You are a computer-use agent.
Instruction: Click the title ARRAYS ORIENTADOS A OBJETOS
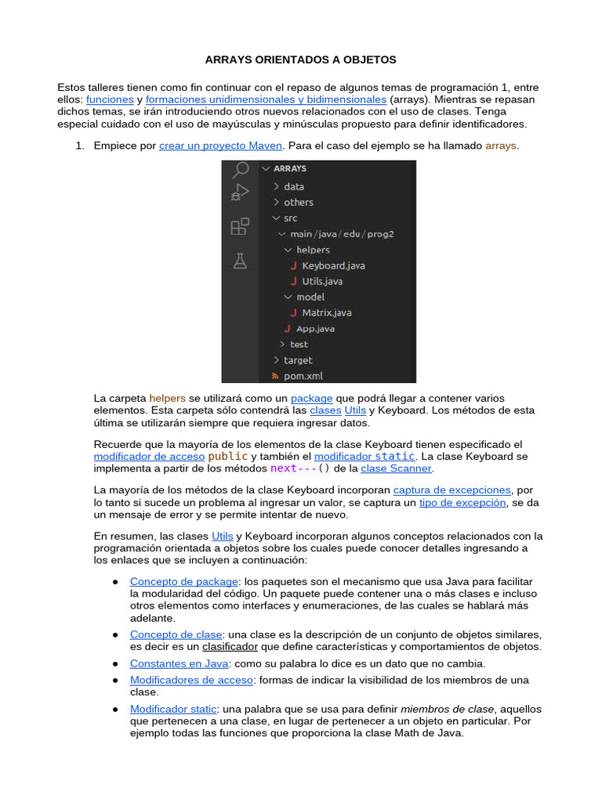click(301, 60)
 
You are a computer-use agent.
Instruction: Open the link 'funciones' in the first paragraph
click(110, 100)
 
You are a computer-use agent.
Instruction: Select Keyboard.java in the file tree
click(333, 266)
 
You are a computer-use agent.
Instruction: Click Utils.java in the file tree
click(321, 281)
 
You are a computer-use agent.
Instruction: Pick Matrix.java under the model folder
click(326, 312)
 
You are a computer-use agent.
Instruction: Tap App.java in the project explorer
click(315, 329)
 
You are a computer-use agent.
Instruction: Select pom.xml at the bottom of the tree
click(303, 376)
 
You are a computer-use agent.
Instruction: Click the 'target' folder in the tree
click(297, 360)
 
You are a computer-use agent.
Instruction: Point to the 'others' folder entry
click(298, 202)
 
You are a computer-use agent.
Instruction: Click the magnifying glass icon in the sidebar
click(241, 169)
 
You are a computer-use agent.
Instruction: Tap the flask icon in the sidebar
click(240, 261)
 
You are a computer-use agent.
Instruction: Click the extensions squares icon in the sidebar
click(240, 227)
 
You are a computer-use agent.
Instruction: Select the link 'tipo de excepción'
click(462, 503)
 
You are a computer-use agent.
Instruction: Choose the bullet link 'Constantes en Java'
click(176, 663)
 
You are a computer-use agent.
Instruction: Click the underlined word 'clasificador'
click(230, 647)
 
